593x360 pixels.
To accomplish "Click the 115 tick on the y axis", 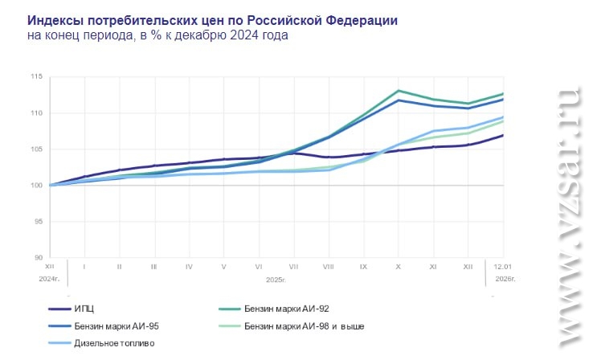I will pyautogui.click(x=36, y=77).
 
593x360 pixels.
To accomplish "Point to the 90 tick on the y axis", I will pyautogui.click(x=38, y=258).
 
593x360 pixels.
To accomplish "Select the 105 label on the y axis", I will pyautogui.click(x=36, y=149).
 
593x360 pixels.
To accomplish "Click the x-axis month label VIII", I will pyautogui.click(x=328, y=265).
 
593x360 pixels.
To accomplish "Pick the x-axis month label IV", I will pyautogui.click(x=188, y=265).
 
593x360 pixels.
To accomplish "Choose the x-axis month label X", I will pyautogui.click(x=398, y=265).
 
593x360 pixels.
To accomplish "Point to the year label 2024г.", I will pyautogui.click(x=50, y=278).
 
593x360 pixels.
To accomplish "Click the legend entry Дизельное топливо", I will pyautogui.click(x=113, y=343).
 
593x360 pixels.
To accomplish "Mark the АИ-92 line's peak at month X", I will pyautogui.click(x=399, y=91).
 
